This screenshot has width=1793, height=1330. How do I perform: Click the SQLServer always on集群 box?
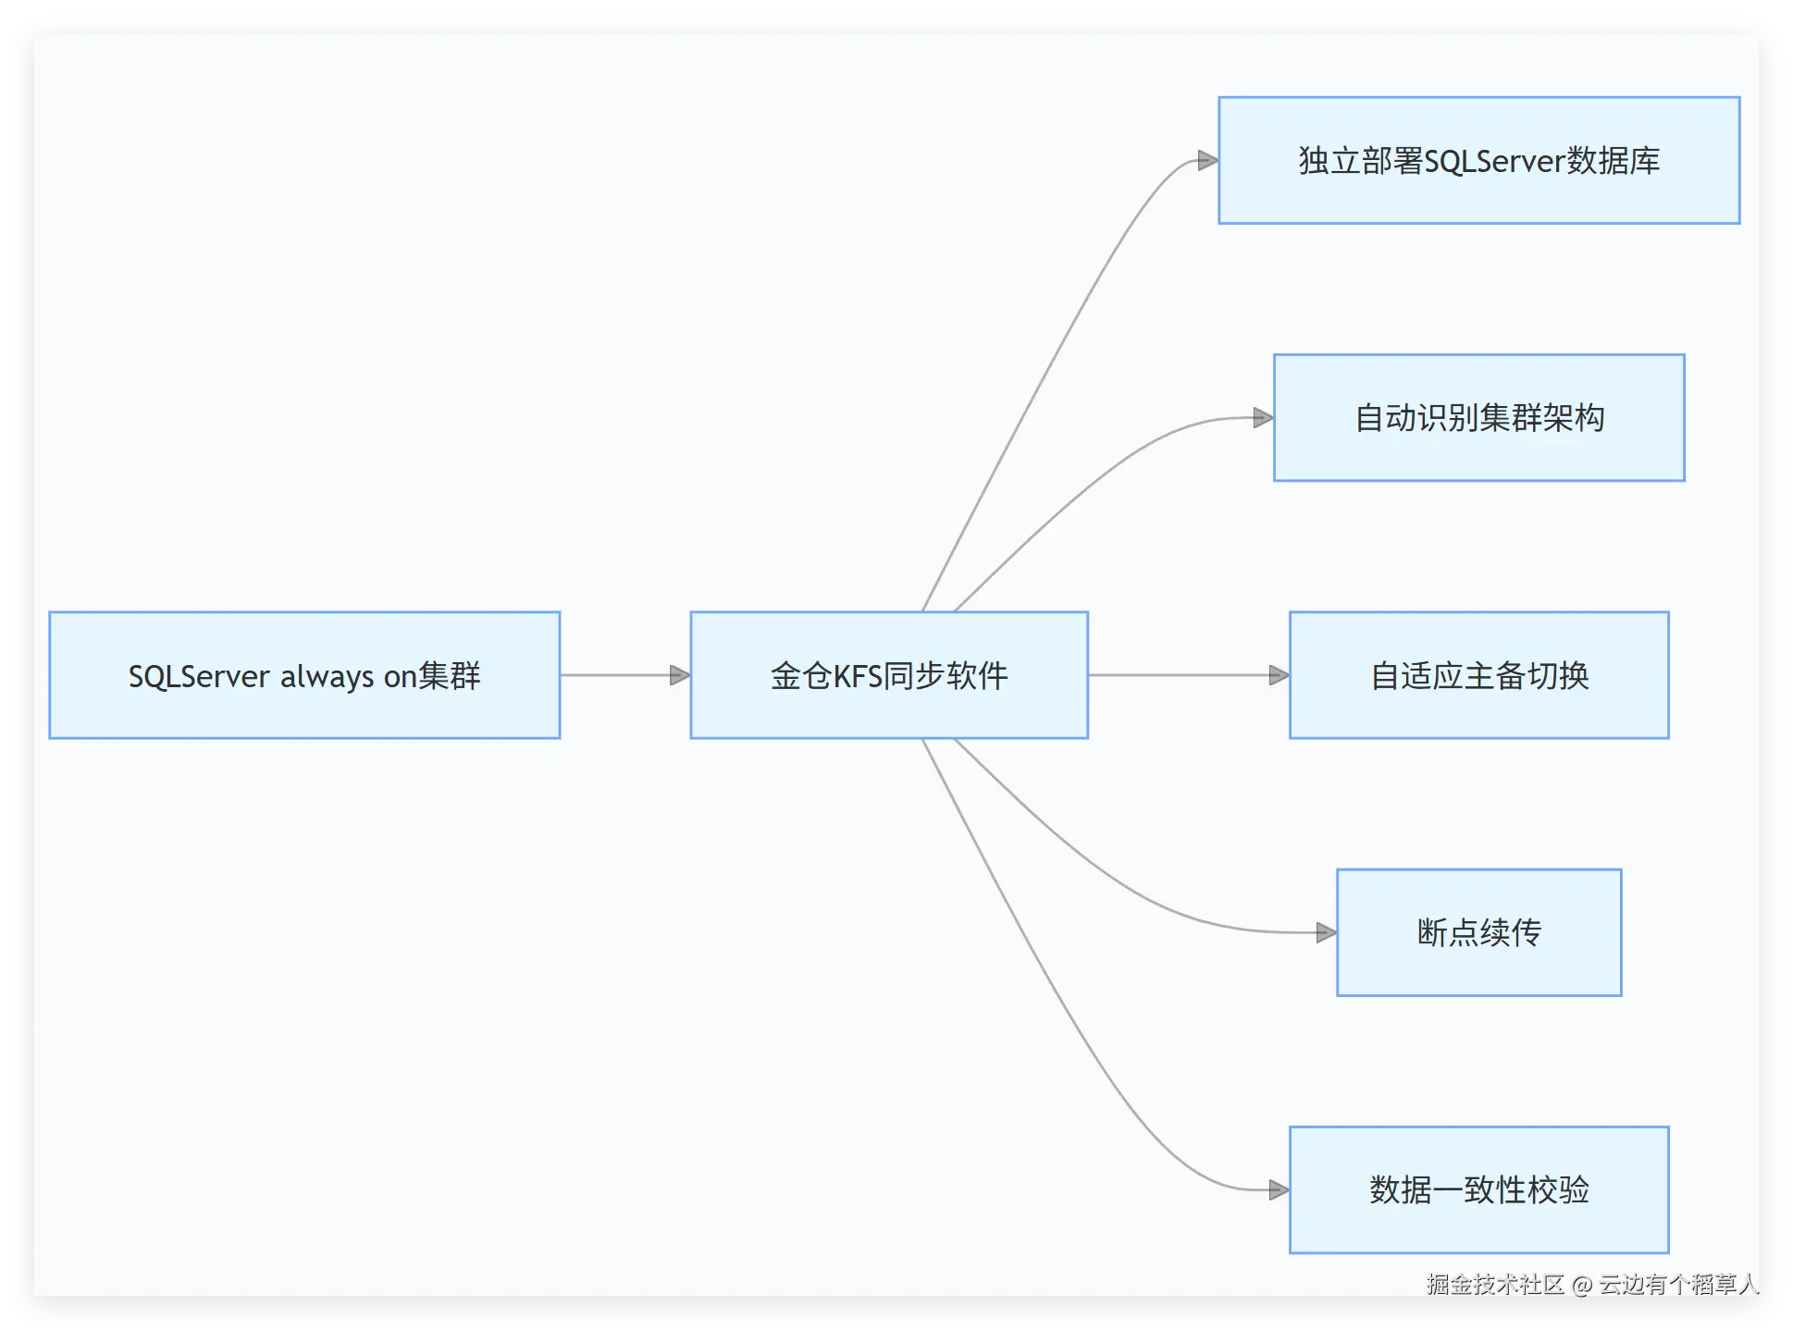304,675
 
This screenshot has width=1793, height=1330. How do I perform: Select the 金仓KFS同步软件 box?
889,675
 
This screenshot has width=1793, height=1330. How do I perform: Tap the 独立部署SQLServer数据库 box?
1478,161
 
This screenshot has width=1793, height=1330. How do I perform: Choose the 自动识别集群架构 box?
1478,418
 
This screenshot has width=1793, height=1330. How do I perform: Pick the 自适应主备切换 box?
1478,675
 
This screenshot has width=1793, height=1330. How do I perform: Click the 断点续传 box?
1478,932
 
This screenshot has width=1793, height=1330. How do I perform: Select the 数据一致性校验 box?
1478,1189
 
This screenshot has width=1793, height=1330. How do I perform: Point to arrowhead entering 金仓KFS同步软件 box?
680,675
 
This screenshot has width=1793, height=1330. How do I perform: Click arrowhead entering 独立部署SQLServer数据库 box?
1207,161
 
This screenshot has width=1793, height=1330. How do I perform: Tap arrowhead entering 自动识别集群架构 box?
1263,418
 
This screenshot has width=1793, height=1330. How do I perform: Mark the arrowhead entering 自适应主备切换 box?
1279,675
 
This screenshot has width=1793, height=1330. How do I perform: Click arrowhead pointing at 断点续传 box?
1326,932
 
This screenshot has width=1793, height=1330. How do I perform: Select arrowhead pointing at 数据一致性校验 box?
1279,1189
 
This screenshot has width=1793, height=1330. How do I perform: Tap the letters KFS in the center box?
858,676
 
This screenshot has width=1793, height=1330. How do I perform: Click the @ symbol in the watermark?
1582,1285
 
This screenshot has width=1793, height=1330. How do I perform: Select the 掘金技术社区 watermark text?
1495,1284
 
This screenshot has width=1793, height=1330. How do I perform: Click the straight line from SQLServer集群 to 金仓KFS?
615,675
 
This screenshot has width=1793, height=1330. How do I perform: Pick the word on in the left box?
401,677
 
